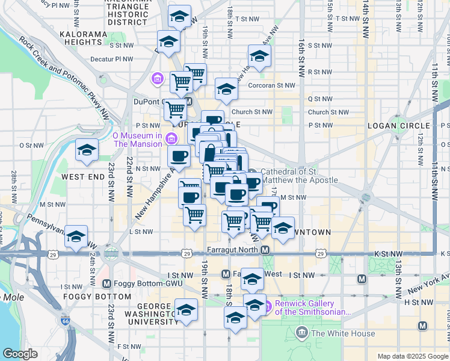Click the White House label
pyautogui.click(x=336, y=333)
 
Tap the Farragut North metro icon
pyautogui.click(x=265, y=250)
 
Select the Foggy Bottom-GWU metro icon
pyautogui.click(x=107, y=283)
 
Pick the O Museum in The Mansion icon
pyautogui.click(x=171, y=140)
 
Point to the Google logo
pyautogui.click(x=20, y=353)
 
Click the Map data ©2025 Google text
pyautogui.click(x=412, y=356)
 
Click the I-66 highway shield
pyautogui.click(x=64, y=322)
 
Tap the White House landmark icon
pyautogui.click(x=302, y=333)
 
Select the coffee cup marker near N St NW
pyautogui.click(x=179, y=156)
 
